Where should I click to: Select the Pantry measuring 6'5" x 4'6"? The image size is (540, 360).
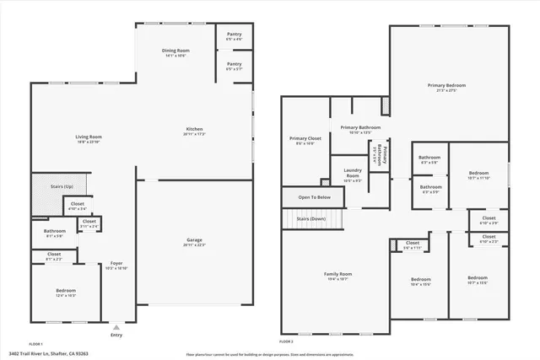point(234,36)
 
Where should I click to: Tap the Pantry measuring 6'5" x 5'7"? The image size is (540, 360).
point(234,66)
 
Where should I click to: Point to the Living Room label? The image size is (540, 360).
point(89,138)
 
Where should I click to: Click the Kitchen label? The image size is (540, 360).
point(194,131)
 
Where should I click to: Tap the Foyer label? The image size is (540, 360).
point(116,265)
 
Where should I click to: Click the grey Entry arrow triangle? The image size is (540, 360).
point(116,326)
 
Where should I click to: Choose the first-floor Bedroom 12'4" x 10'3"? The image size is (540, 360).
point(54,293)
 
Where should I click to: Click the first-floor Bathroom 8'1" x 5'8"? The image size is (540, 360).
point(55,233)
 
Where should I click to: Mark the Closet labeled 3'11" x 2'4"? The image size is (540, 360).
point(89,224)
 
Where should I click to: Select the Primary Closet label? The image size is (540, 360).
point(305,140)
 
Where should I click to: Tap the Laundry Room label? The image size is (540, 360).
point(353,176)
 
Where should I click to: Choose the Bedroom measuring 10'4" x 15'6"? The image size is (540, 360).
point(420,282)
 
